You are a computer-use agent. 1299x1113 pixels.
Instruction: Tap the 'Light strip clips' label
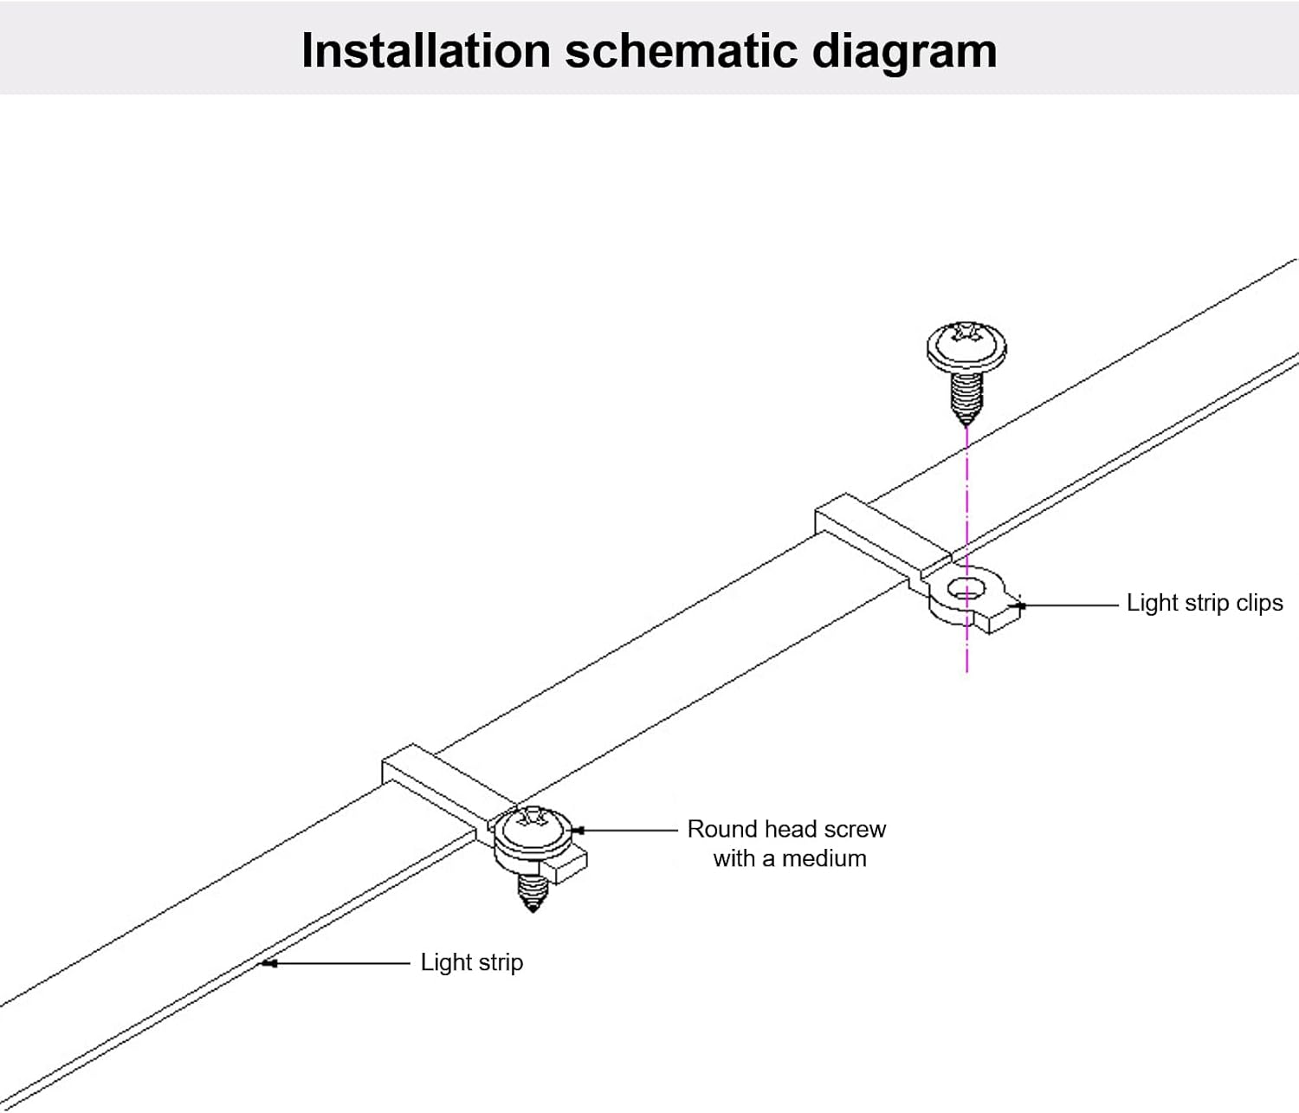click(1204, 603)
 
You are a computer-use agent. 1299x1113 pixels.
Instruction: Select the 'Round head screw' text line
click(786, 829)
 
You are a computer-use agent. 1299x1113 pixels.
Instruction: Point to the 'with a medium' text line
click(789, 858)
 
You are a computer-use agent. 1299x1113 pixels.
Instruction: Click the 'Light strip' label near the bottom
click(471, 962)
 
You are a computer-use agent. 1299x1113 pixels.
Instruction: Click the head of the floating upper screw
click(966, 344)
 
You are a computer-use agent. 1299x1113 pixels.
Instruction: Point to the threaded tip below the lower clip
click(531, 892)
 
